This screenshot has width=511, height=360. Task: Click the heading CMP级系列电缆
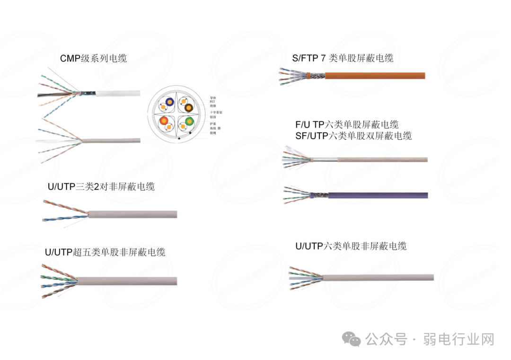(x=93, y=59)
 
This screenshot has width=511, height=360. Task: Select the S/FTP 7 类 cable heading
(x=343, y=58)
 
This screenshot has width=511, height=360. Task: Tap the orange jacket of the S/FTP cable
(x=379, y=75)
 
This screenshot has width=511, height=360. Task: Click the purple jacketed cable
(x=379, y=195)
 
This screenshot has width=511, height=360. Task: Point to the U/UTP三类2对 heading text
(x=101, y=186)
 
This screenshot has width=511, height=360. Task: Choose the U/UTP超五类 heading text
(x=105, y=252)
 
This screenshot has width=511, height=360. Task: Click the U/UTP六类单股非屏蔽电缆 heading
(x=351, y=246)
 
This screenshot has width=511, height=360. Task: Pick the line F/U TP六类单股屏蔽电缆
(x=347, y=125)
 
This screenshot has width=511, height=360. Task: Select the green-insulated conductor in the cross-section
(x=189, y=121)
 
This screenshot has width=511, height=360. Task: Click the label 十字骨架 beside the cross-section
(x=216, y=112)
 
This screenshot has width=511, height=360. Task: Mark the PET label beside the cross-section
(x=212, y=101)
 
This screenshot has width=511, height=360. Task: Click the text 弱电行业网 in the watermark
(x=458, y=339)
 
